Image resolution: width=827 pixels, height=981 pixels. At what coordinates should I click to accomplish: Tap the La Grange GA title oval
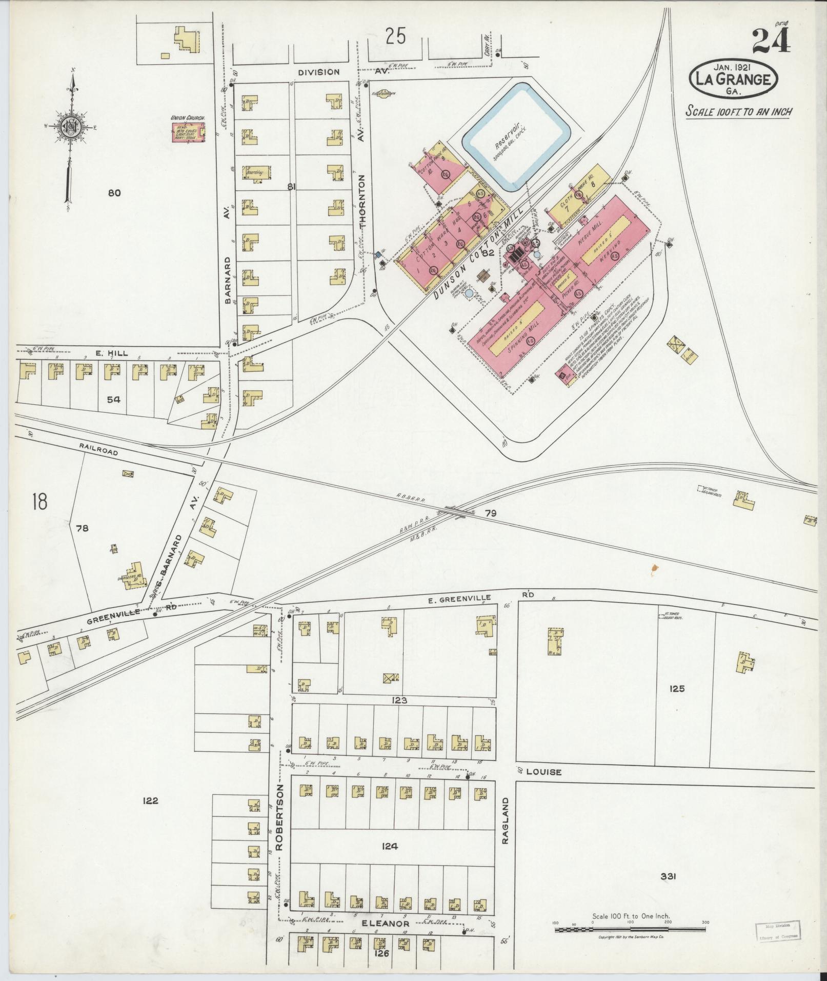pos(735,80)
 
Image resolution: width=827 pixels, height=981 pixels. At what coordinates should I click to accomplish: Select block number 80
pos(114,193)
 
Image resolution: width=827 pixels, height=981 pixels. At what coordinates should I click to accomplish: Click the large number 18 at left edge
pos(39,502)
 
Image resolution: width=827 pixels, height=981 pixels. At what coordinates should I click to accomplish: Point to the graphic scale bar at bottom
pos(631,929)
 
